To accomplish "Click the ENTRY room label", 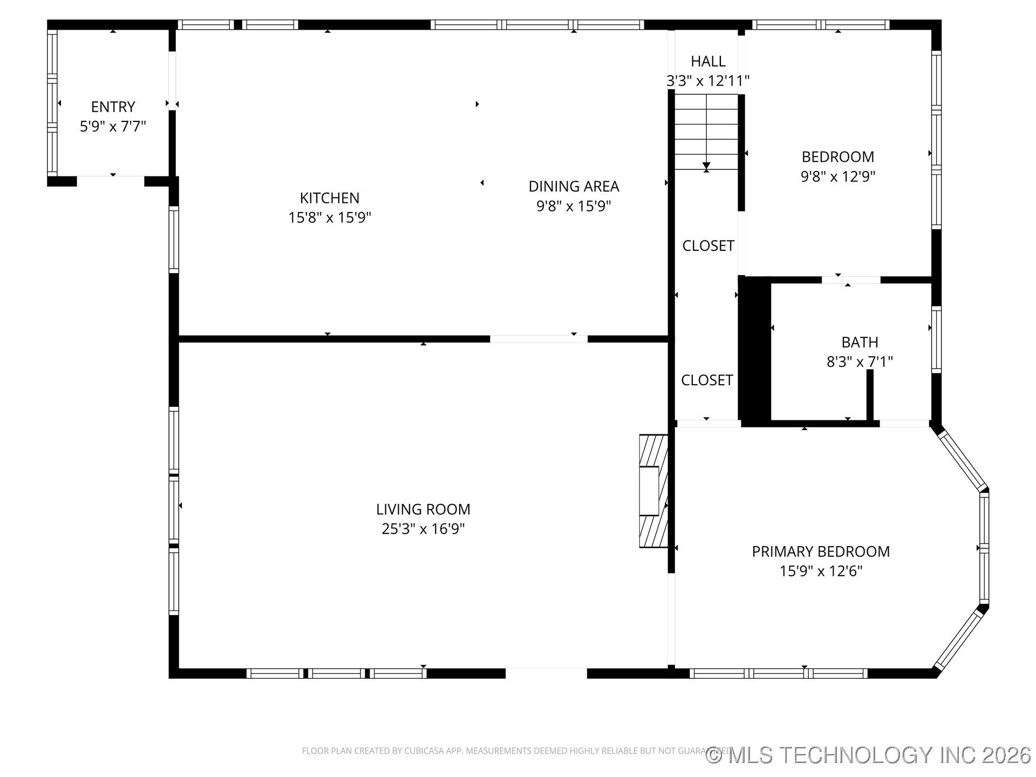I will click(x=113, y=107).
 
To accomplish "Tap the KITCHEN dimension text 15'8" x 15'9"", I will click(x=330, y=217).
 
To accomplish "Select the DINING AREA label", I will click(x=574, y=187).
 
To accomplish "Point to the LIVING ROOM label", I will click(x=423, y=509).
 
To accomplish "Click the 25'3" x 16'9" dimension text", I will click(x=423, y=529).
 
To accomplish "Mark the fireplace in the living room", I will click(x=653, y=491).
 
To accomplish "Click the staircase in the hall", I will click(x=706, y=132).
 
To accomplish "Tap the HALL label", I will click(x=708, y=62).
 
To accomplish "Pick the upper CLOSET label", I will click(x=708, y=246).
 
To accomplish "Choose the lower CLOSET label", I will click(x=707, y=380).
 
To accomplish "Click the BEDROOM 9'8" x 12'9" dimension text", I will click(x=837, y=176).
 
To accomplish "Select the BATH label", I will click(x=860, y=342).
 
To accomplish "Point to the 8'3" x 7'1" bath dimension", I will click(x=860, y=362).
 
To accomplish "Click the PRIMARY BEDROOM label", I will click(x=821, y=551).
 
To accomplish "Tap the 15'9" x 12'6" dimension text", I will click(x=821, y=571).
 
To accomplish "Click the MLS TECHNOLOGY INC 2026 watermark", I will click(x=869, y=755).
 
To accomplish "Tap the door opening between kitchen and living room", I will click(x=539, y=339).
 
